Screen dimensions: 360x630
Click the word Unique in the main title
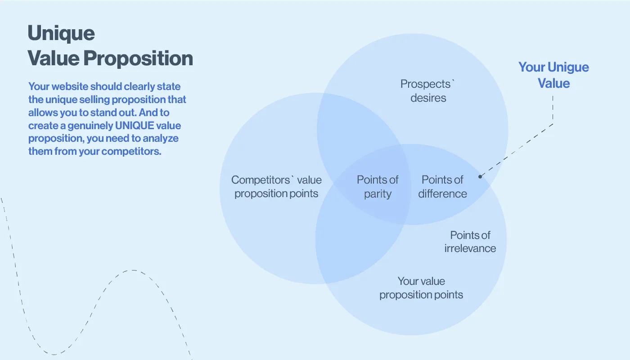tap(61, 33)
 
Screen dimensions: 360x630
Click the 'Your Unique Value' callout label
tap(553, 75)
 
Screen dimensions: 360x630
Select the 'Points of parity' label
tap(378, 187)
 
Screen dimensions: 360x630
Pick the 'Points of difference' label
tap(442, 187)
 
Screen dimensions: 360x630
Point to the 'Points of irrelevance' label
tap(470, 242)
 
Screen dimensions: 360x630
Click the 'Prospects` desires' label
tap(428, 91)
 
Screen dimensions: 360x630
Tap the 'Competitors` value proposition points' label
tap(276, 187)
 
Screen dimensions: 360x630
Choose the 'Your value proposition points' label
tap(421, 288)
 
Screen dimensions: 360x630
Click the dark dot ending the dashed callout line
tap(480, 176)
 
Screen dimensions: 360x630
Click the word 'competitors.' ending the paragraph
tap(131, 152)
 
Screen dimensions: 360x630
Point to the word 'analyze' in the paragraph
tap(161, 139)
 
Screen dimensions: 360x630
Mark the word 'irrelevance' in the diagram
tap(470, 248)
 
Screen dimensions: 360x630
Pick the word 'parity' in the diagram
tap(378, 194)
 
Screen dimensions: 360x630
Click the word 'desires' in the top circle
tap(428, 98)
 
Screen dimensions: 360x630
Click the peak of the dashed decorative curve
tap(133, 270)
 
